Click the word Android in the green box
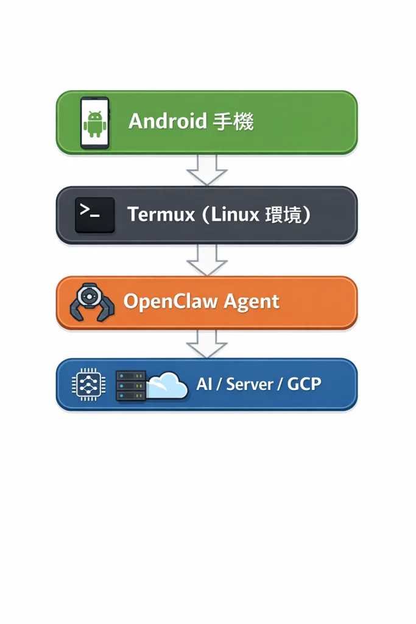[x=167, y=121]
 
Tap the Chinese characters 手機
[x=233, y=122]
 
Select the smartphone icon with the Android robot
[x=94, y=122]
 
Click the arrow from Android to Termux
[x=207, y=169]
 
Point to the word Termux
[x=161, y=214]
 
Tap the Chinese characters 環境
[x=284, y=214]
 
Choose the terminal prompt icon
[x=94, y=214]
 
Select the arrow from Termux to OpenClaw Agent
[x=207, y=260]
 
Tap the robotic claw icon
[x=92, y=303]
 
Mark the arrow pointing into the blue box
[x=207, y=344]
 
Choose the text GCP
[x=304, y=384]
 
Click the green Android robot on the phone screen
[x=94, y=123]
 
